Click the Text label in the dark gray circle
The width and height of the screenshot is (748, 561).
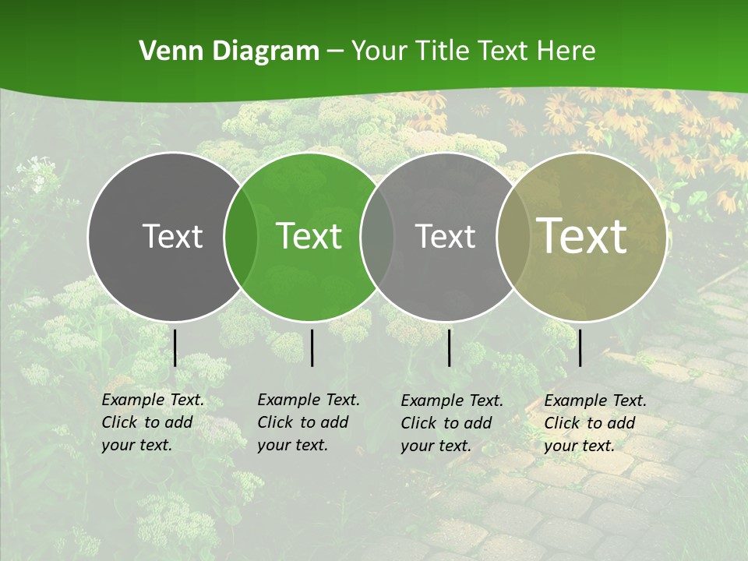(172, 236)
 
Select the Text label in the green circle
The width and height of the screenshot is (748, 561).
(309, 236)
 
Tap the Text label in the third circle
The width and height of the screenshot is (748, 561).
(446, 236)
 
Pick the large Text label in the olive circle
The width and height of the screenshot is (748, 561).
(582, 236)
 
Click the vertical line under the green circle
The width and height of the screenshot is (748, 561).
(312, 348)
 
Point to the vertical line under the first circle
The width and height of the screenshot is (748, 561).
(175, 348)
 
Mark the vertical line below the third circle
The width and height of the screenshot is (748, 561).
(450, 348)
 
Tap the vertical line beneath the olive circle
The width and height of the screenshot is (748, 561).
(580, 348)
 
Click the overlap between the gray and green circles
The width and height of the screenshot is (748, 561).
(241, 236)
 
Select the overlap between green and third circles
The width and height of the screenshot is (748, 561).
(377, 236)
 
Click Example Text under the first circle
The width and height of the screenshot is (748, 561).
(153, 400)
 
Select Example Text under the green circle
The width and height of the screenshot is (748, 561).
(309, 400)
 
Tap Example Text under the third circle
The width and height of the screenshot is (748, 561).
(452, 401)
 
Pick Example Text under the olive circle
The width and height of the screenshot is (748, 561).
(595, 401)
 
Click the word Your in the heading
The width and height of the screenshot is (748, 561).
(379, 51)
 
